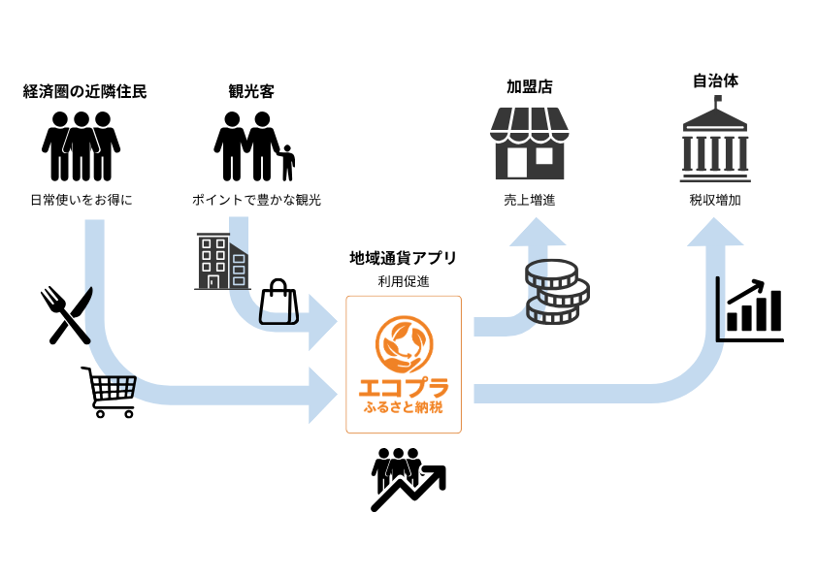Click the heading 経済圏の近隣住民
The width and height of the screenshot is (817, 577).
tap(84, 92)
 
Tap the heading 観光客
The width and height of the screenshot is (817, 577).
tap(251, 92)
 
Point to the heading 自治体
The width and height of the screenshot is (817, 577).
tap(714, 80)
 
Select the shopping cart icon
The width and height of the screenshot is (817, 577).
tap(111, 391)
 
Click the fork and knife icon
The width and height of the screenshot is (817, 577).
tap(66, 314)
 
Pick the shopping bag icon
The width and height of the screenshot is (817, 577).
tap(278, 303)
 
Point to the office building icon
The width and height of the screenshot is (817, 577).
tap(221, 261)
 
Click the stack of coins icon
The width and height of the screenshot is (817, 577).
tap(557, 291)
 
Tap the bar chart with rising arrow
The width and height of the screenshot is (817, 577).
tap(749, 309)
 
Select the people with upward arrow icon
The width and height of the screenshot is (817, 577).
tap(407, 478)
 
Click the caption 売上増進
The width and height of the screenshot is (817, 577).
tap(530, 201)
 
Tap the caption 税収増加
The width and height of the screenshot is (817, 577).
tap(715, 201)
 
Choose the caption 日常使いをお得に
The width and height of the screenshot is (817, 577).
tap(82, 201)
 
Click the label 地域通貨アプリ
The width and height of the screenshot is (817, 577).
tap(404, 258)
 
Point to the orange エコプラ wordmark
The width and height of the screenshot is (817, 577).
tap(404, 388)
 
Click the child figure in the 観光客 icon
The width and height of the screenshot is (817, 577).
tap(287, 164)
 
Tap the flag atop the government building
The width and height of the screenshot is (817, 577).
tap(719, 99)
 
